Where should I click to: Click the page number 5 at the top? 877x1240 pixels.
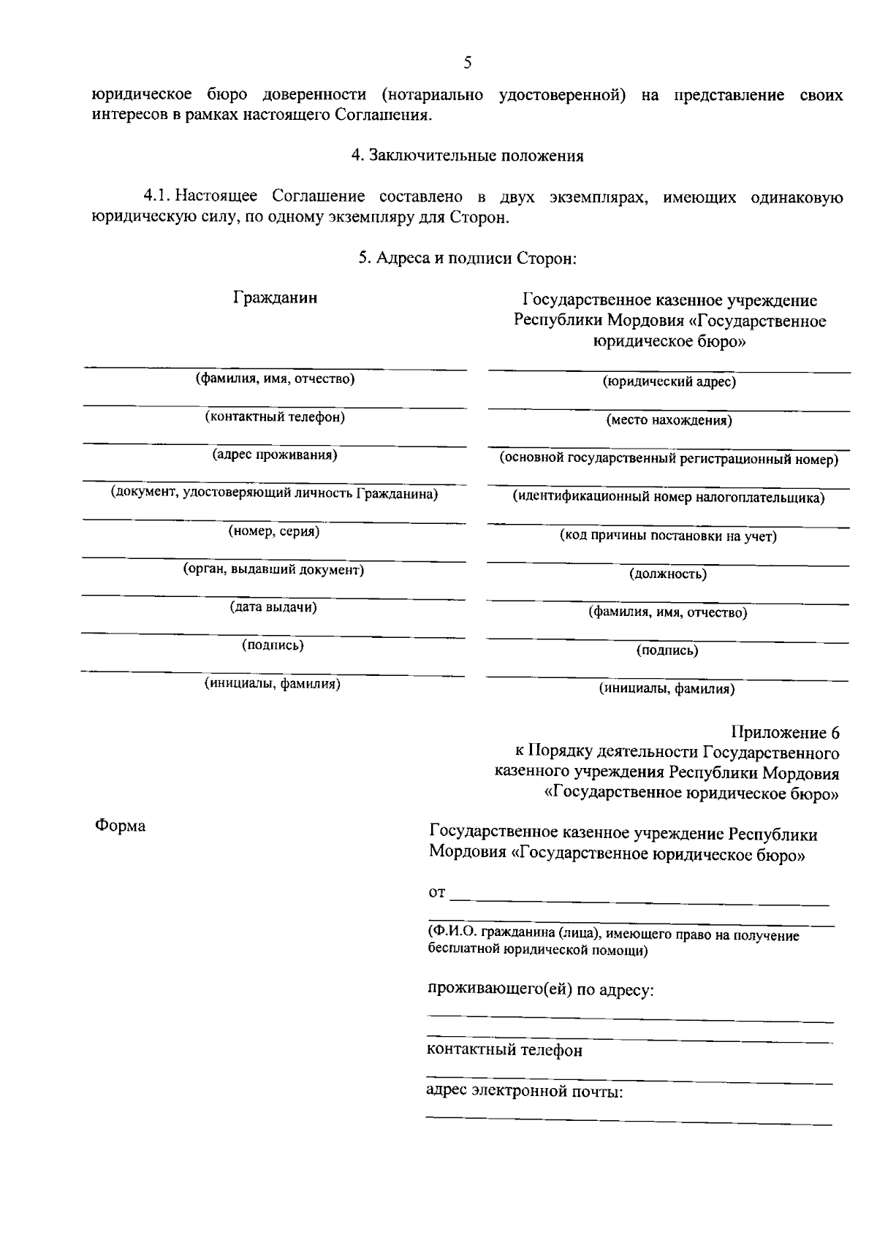[468, 63]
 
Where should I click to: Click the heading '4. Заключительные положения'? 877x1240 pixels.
[468, 156]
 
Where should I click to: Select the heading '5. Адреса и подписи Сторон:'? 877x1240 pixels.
[468, 258]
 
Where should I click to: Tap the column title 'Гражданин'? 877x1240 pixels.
[276, 298]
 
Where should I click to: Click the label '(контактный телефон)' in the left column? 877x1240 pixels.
[275, 417]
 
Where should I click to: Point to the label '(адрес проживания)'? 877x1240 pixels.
[275, 455]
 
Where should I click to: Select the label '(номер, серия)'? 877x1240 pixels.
[274, 531]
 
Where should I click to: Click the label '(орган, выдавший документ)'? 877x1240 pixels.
[273, 569]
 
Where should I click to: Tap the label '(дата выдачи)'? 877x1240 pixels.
[273, 607]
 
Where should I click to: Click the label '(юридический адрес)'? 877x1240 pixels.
[669, 381]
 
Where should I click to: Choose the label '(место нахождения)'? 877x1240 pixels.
[669, 420]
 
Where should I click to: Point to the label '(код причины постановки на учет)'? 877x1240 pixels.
[668, 536]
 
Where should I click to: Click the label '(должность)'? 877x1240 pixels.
[668, 574]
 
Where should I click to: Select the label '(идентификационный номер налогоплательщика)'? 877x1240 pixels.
[668, 498]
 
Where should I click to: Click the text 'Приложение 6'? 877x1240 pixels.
[785, 733]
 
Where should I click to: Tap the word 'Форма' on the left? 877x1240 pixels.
[120, 826]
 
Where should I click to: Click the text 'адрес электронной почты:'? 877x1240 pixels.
[524, 1092]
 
